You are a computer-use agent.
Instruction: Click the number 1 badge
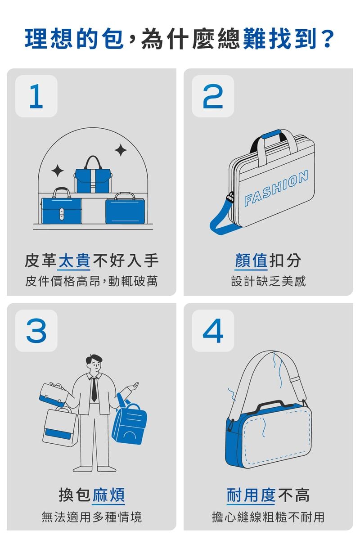[36, 96]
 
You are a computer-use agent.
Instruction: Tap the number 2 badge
[213, 96]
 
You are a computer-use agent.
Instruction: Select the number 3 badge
[36, 330]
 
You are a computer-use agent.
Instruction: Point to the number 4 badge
[213, 330]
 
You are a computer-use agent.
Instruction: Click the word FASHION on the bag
[276, 188]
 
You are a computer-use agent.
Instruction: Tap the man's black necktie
[94, 389]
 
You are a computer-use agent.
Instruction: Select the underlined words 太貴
[75, 261]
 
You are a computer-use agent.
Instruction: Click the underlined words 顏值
[251, 261]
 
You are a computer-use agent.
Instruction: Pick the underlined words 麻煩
[109, 495]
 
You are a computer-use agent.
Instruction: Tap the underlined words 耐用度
[251, 495]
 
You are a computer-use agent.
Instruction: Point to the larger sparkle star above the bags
[121, 150]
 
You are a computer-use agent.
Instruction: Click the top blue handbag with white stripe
[93, 175]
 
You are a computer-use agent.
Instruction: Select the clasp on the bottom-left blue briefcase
[62, 214]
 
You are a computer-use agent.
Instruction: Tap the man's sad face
[95, 366]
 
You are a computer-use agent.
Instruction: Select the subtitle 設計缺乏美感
[268, 281]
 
